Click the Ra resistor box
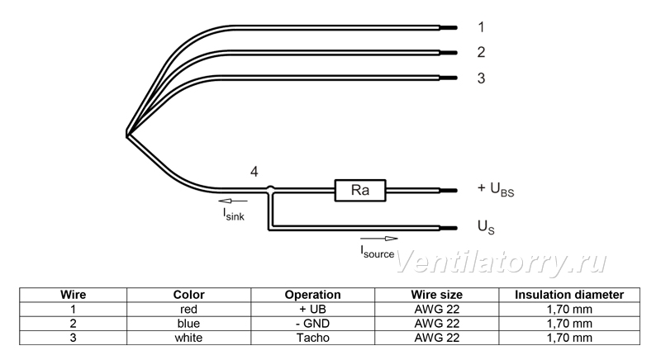click(360, 190)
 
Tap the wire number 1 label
click(482, 27)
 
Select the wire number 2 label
click(482, 52)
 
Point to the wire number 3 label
click(482, 78)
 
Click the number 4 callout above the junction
click(254, 172)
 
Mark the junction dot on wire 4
click(271, 189)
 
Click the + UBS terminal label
click(496, 189)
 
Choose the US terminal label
click(486, 227)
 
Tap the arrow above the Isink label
click(233, 201)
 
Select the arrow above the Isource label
click(379, 239)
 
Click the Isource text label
click(378, 252)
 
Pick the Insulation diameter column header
click(569, 295)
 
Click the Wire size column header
click(437, 295)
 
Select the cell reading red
click(188, 310)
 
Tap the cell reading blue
click(188, 324)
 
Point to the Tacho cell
click(313, 338)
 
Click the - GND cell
click(313, 324)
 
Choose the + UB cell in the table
click(313, 310)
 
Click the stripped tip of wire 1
click(449, 28)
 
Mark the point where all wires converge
click(127, 135)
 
